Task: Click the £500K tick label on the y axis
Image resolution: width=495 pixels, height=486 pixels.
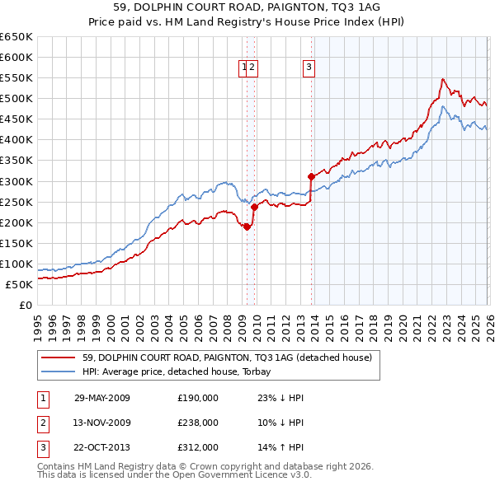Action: [x=16, y=98]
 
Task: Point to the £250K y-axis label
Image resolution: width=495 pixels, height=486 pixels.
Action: [x=16, y=202]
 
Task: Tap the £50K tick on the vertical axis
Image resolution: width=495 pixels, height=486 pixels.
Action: [x=19, y=284]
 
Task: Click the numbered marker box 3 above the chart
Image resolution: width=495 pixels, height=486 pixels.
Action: [x=309, y=68]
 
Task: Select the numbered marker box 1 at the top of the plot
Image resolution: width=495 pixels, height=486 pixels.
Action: [x=245, y=68]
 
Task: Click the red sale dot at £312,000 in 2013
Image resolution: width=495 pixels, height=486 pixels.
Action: [x=311, y=175]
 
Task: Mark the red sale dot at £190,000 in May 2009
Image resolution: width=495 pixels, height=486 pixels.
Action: [x=247, y=227]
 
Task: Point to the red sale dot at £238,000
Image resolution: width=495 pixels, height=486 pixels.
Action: [x=254, y=207]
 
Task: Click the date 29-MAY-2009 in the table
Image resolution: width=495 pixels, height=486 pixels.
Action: [x=102, y=397]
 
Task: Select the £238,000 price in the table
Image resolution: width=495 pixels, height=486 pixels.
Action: [x=198, y=422]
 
